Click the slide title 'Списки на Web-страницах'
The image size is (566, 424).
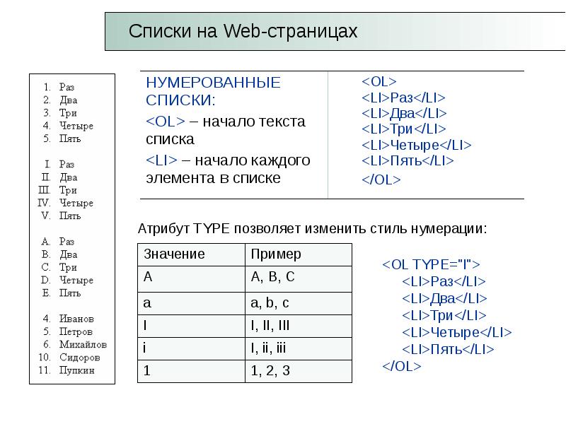click(243, 32)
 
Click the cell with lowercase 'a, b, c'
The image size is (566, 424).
click(270, 302)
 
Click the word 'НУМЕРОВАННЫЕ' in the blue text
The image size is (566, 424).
click(213, 83)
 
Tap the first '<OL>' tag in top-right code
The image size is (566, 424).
click(379, 81)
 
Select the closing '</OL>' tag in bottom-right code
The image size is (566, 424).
click(401, 366)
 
